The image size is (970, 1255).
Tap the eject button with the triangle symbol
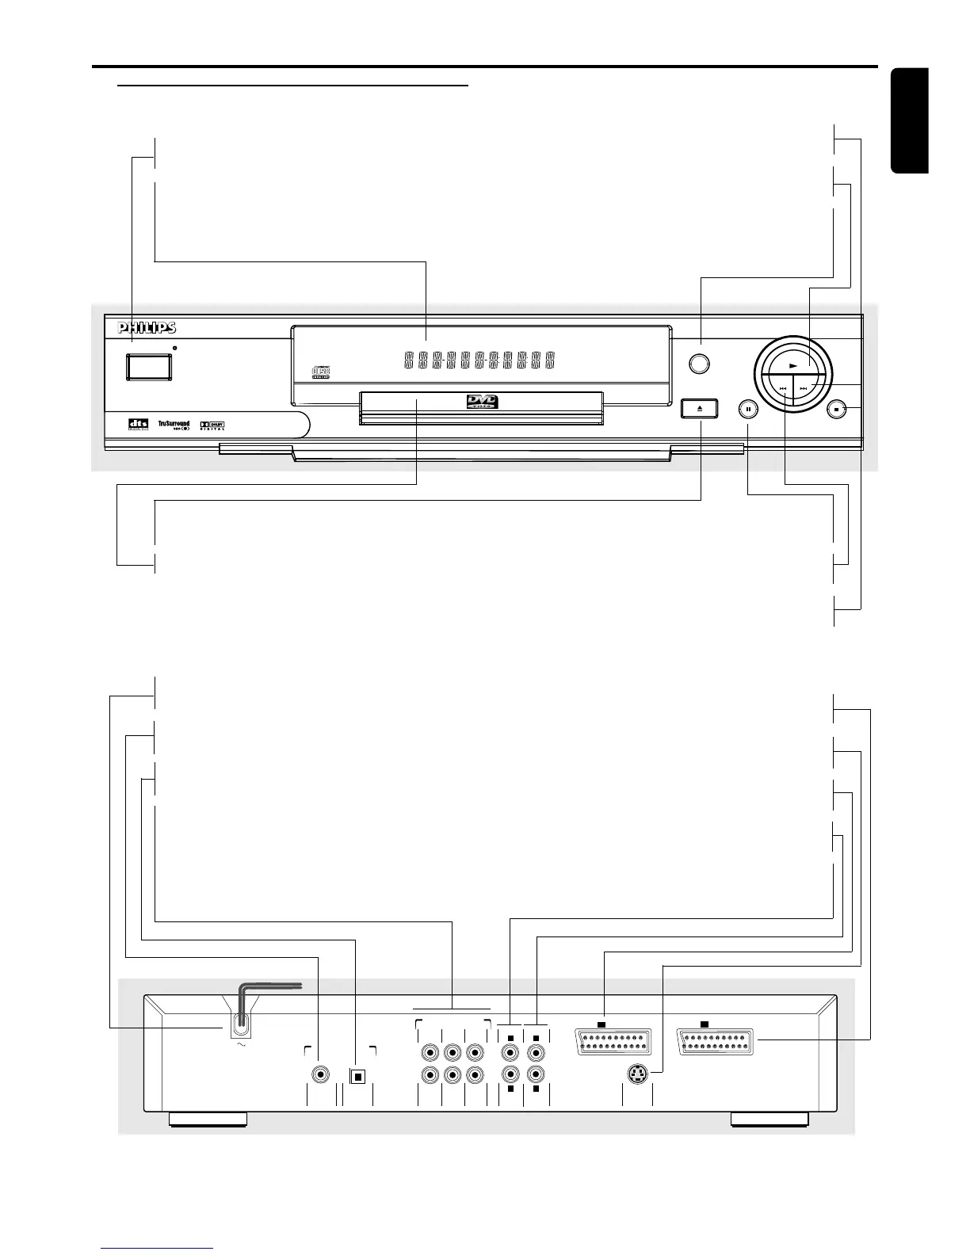point(700,409)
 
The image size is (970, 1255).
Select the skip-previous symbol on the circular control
point(782,388)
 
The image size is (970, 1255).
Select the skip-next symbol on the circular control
point(804,388)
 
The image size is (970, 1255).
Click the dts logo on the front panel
point(139,425)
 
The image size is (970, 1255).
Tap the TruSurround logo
point(174,425)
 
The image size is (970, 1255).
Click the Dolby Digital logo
point(212,425)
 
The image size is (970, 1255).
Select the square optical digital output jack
point(357,1076)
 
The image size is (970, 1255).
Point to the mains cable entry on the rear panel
point(239,1027)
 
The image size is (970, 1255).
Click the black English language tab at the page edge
point(909,120)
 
